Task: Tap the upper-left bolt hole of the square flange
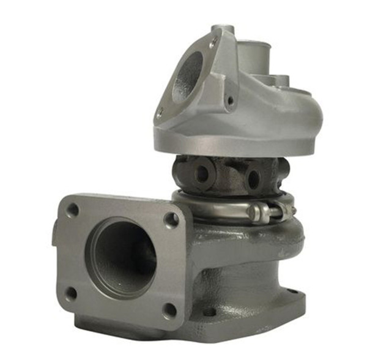coord(73,210)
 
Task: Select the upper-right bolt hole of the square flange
coord(172,219)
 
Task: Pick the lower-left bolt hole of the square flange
coord(71,293)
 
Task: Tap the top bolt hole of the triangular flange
coord(213,43)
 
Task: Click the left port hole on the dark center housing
coord(201,174)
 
